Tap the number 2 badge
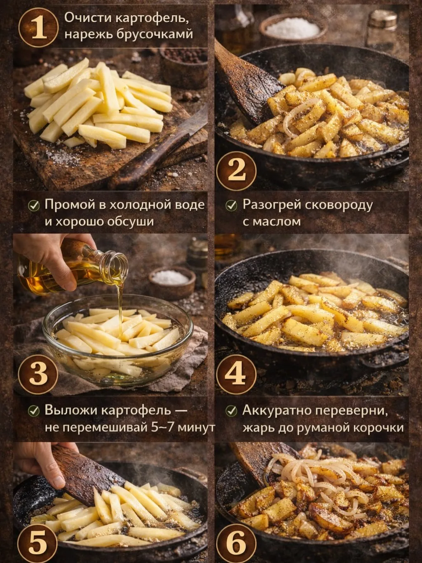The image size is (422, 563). (x=236, y=171)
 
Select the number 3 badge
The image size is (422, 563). (x=38, y=375)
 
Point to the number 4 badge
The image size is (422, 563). (x=236, y=375)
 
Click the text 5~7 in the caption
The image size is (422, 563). (x=162, y=427)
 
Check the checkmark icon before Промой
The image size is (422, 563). (x=33, y=206)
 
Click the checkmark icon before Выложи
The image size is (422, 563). (x=33, y=411)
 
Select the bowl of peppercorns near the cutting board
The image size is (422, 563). (x=183, y=66)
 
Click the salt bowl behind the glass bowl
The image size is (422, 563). (x=172, y=283)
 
